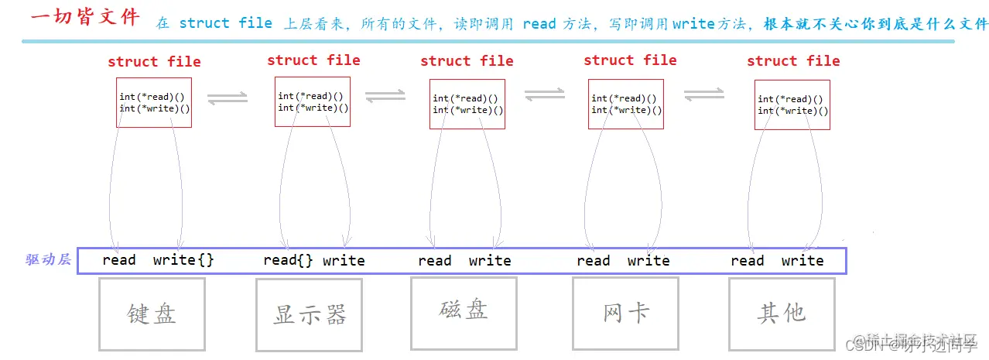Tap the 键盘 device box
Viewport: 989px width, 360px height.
(x=152, y=314)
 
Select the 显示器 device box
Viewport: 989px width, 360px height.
(x=309, y=314)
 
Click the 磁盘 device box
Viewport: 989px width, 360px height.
(x=464, y=312)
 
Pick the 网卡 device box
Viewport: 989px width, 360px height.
(x=625, y=313)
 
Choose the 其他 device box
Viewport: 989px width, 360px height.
(x=782, y=314)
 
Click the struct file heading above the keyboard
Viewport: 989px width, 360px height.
(x=154, y=62)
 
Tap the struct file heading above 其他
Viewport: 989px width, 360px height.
(x=793, y=61)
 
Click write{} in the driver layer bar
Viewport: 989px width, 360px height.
(x=183, y=260)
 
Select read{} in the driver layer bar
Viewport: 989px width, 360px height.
(x=288, y=260)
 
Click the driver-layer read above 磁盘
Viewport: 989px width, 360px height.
(x=434, y=261)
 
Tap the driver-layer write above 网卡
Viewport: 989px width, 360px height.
(x=648, y=261)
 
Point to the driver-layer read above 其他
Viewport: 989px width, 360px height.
(x=747, y=261)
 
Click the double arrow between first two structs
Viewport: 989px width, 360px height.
(x=228, y=98)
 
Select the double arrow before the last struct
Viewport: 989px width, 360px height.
(x=703, y=94)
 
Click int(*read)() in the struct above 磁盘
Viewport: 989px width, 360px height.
(x=464, y=98)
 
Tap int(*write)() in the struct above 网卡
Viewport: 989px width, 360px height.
(x=626, y=110)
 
